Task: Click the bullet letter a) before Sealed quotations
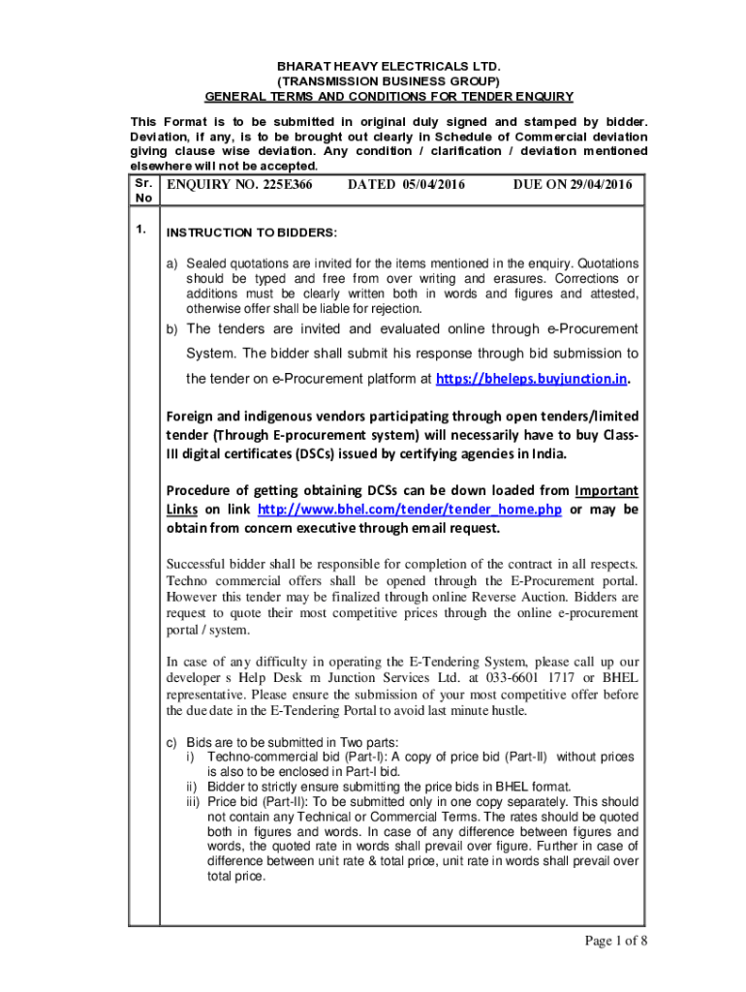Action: tap(173, 263)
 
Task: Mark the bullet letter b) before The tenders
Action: tap(173, 329)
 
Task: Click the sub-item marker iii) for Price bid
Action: tap(195, 802)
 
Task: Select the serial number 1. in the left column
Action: tap(141, 230)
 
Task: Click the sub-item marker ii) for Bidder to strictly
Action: tap(193, 787)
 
